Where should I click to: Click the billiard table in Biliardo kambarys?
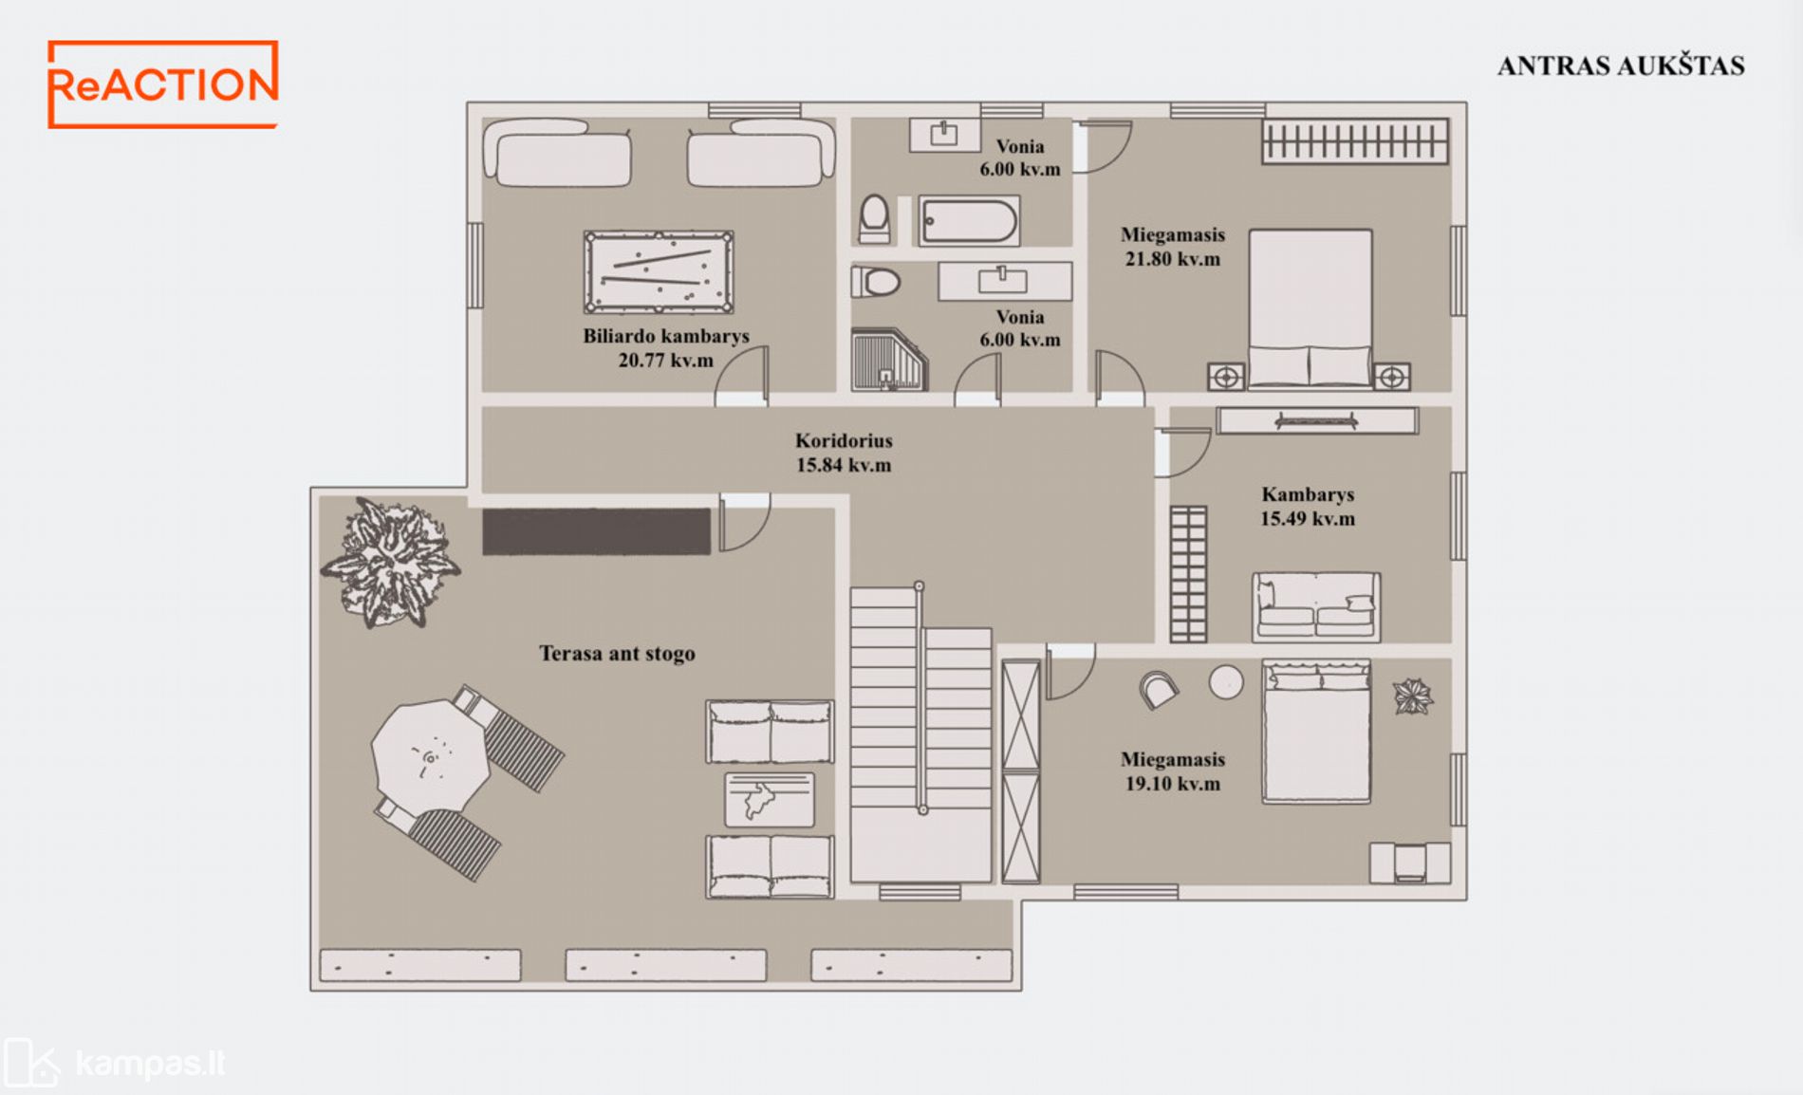659,272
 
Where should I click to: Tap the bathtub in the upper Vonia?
969,221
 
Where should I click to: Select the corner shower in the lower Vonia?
888,360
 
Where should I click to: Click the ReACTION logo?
163,84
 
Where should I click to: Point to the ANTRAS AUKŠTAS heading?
1621,65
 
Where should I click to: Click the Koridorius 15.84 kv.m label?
844,453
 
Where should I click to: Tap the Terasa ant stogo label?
617,654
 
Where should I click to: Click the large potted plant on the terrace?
390,563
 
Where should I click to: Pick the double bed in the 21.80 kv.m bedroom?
1310,308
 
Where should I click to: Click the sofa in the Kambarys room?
1316,606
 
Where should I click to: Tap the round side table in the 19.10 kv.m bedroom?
1226,682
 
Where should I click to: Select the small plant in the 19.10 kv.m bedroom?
1412,696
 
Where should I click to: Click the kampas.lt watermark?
116,1063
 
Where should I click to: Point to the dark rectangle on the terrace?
596,531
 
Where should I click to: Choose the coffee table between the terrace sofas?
770,800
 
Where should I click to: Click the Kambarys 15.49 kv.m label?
1308,507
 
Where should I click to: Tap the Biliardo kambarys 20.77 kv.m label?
665,348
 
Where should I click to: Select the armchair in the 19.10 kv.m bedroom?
1158,690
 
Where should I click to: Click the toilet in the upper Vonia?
874,218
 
